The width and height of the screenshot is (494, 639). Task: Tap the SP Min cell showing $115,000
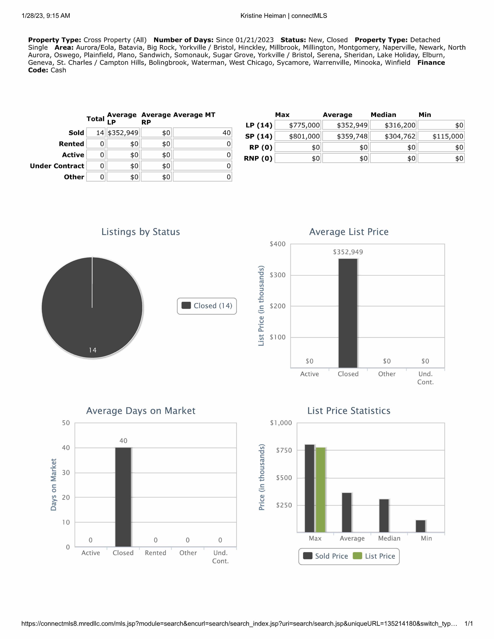(441, 136)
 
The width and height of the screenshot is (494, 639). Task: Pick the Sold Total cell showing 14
(96, 133)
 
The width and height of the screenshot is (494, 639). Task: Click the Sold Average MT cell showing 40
(202, 133)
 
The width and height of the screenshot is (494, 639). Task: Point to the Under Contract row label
(57, 166)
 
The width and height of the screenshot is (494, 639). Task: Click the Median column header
(383, 115)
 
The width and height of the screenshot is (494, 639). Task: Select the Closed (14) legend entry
(207, 306)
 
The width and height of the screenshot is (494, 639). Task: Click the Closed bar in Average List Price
(348, 313)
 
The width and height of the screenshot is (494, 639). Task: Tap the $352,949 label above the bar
(348, 252)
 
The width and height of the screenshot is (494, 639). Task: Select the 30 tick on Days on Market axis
(66, 473)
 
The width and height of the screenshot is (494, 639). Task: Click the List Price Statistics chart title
(349, 411)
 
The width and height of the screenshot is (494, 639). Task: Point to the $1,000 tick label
(281, 423)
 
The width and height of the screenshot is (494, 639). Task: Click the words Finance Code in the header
(431, 63)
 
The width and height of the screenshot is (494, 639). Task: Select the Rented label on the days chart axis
(156, 553)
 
